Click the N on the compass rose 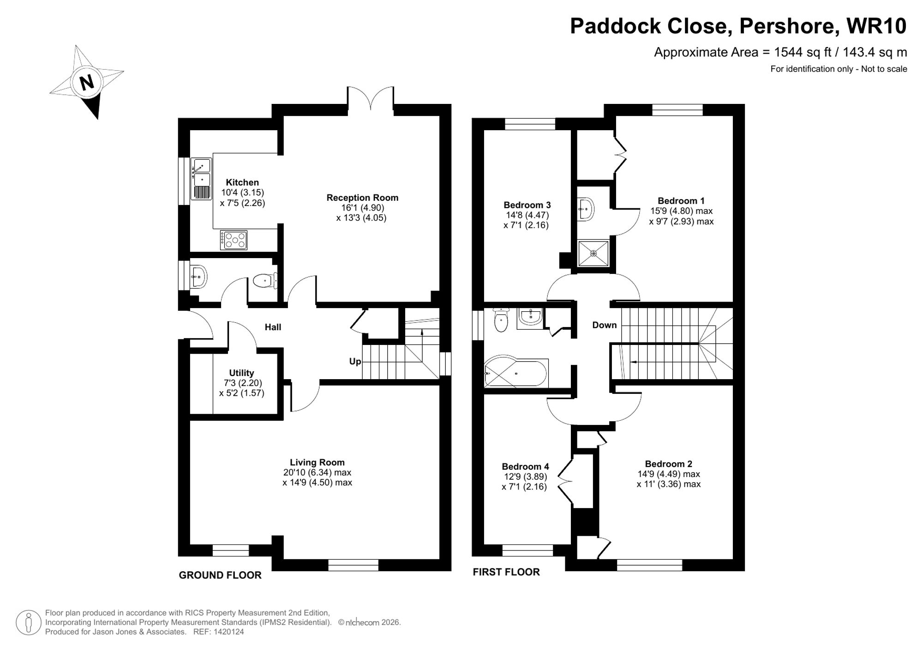click(x=87, y=82)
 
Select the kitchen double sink click(x=201, y=178)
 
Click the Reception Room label click(x=362, y=198)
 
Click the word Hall click(x=273, y=327)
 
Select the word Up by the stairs click(x=355, y=361)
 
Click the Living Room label click(x=317, y=462)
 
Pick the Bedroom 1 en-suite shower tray click(x=593, y=253)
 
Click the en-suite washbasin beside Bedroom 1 click(x=586, y=209)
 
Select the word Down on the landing click(x=604, y=325)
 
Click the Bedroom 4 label click(x=525, y=466)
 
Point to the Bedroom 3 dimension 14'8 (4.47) click(x=527, y=215)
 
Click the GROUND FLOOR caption click(x=220, y=575)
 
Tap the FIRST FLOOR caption click(x=506, y=572)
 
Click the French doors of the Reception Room click(x=371, y=99)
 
